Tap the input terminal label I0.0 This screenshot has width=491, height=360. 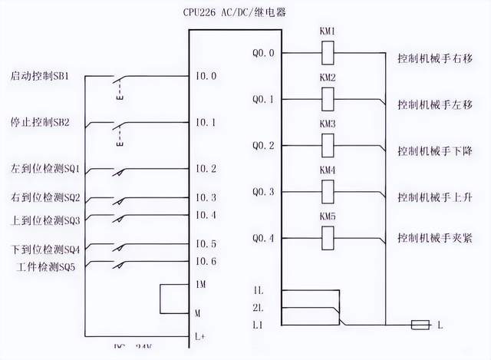(206, 76)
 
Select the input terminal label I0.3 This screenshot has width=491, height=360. (206, 198)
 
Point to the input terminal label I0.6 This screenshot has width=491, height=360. (206, 261)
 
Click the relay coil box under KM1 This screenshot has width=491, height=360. (327, 53)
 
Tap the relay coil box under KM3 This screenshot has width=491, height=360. (327, 145)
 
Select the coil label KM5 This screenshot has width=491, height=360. (327, 217)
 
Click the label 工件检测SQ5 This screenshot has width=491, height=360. (48, 266)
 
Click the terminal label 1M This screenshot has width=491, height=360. (199, 285)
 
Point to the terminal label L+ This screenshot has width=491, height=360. (199, 337)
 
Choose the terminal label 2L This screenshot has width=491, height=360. (259, 309)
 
